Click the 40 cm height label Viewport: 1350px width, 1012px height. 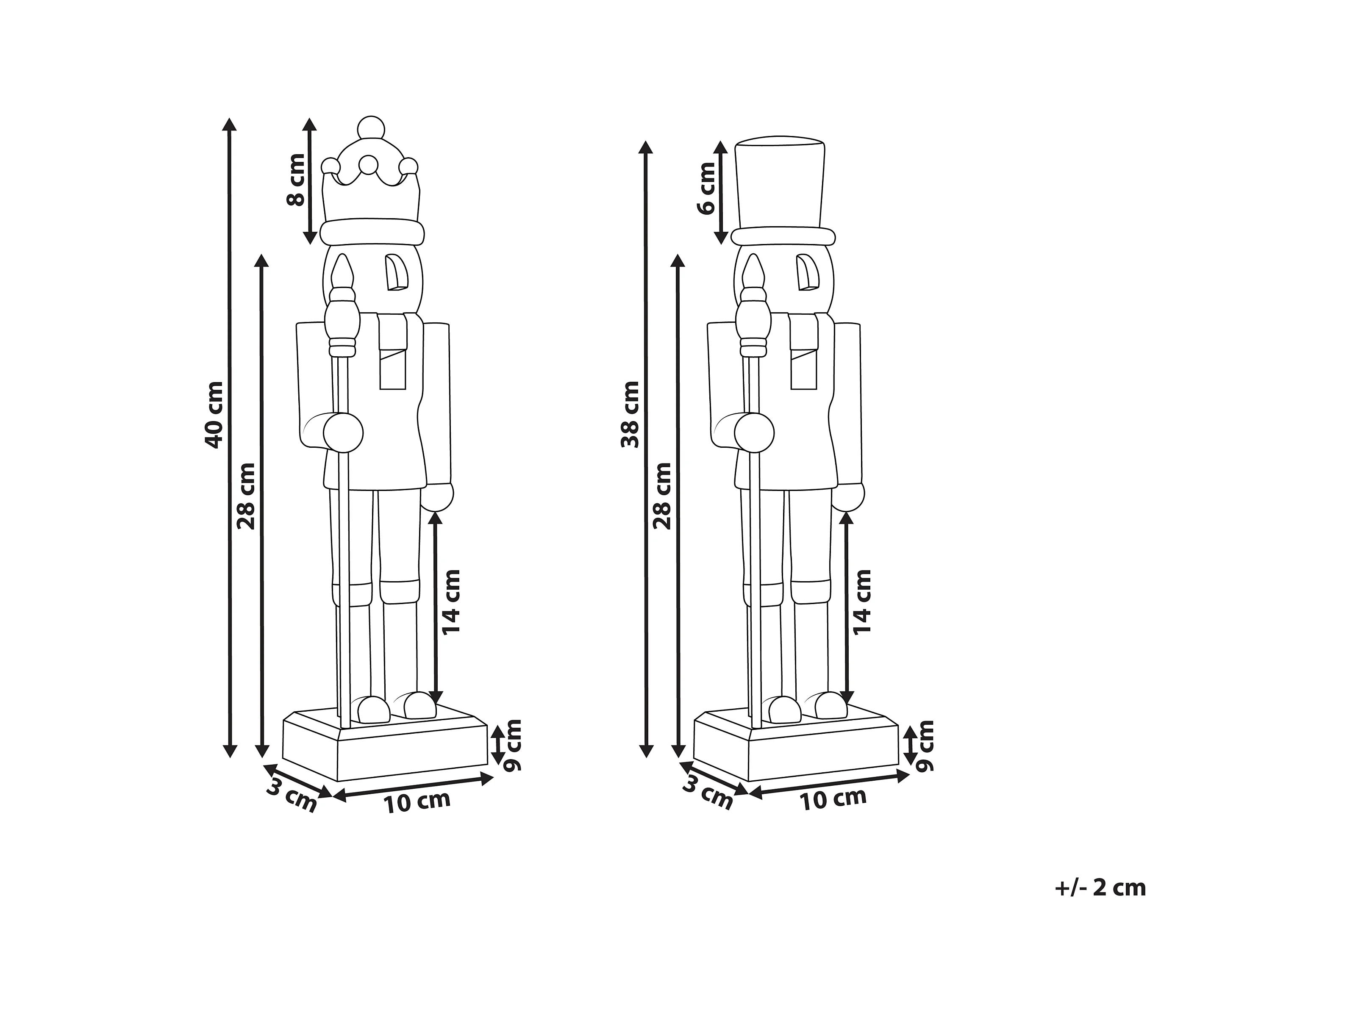(x=214, y=415)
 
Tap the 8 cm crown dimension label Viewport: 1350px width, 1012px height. (x=296, y=180)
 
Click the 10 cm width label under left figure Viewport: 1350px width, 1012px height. (x=417, y=801)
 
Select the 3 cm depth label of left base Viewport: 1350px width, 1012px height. (x=292, y=796)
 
